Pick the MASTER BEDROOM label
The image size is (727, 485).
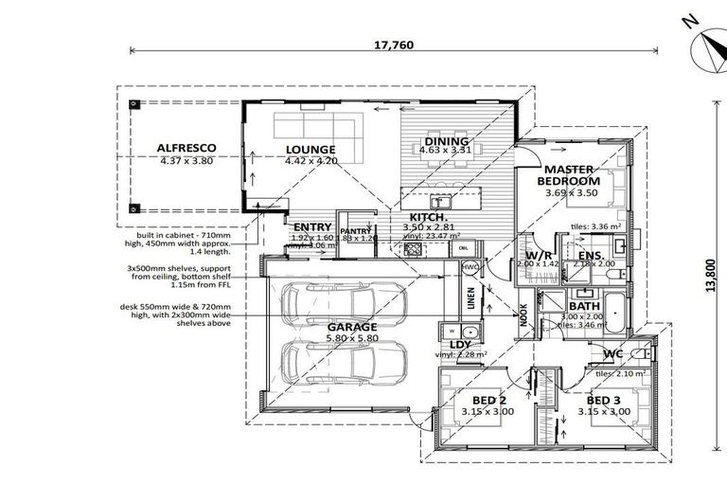tap(570, 174)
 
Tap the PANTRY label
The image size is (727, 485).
tap(355, 230)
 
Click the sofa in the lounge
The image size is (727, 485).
tap(317, 127)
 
